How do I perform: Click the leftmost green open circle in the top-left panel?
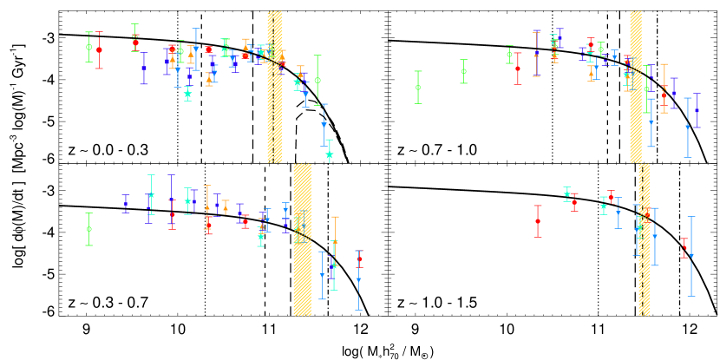pos(88,47)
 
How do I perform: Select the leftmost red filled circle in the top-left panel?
pos(99,49)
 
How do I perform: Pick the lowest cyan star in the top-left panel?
pos(329,154)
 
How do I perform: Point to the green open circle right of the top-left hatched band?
pos(317,80)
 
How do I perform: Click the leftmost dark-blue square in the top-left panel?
pos(144,68)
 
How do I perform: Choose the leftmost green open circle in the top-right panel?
pos(418,87)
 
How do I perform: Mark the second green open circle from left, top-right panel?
pos(463,71)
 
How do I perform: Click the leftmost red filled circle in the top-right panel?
pos(518,69)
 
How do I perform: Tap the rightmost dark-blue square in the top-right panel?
pos(697,110)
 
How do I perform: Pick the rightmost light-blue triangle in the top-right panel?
pos(688,127)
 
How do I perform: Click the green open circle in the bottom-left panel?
pos(88,229)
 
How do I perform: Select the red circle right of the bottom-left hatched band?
pos(359,259)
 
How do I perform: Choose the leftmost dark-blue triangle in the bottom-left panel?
pos(125,205)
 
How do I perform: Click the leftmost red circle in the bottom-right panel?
pos(538,221)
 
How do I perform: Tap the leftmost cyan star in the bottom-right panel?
pos(566,194)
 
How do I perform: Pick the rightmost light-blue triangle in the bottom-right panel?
pos(691,256)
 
